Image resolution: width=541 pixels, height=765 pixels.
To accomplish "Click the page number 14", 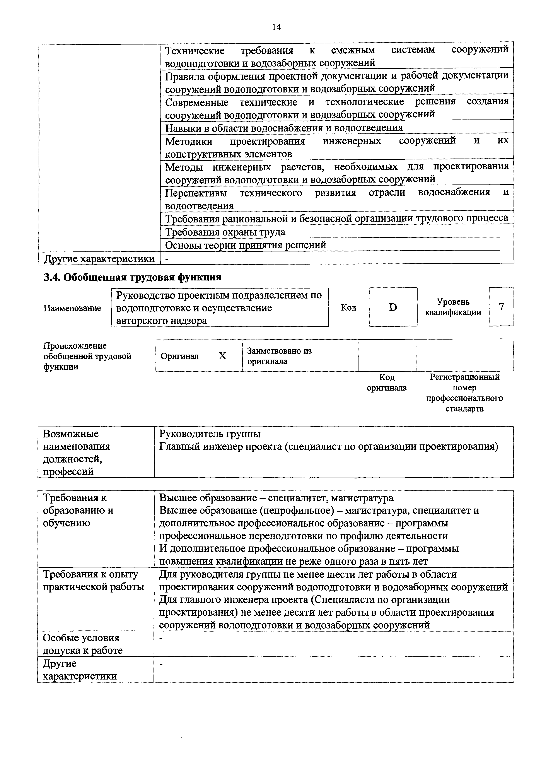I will pyautogui.click(x=276, y=27).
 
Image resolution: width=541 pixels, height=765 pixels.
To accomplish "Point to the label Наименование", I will pyautogui.click(x=72, y=308).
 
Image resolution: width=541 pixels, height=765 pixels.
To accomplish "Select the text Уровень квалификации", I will pyautogui.click(x=453, y=307).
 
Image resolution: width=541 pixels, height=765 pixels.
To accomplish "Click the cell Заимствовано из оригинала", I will pyautogui.click(x=279, y=356).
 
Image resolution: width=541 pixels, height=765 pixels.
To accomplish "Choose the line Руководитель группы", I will pyautogui.click(x=210, y=434).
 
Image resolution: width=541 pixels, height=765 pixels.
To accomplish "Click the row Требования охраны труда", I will pyautogui.click(x=225, y=232).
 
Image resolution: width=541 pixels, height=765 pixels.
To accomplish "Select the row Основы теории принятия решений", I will pyautogui.click(x=246, y=245).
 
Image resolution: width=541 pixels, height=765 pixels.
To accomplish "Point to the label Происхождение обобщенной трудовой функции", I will pyautogui.click(x=87, y=356).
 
